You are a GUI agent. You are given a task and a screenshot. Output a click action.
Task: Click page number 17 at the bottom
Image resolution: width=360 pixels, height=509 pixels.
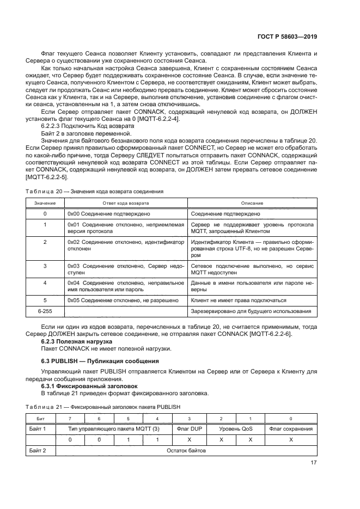313,463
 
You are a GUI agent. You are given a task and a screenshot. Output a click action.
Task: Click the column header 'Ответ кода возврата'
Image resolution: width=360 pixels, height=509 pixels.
126,203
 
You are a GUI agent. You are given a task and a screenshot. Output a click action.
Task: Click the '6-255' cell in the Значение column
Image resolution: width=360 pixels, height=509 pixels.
45,311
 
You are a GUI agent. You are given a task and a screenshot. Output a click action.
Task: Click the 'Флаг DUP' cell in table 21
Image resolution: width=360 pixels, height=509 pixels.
190,429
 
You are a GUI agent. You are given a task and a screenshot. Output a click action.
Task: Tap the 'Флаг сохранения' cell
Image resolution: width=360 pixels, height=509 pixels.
291,429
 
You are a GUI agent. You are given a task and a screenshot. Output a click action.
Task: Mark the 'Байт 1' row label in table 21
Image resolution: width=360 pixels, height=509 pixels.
37,429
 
